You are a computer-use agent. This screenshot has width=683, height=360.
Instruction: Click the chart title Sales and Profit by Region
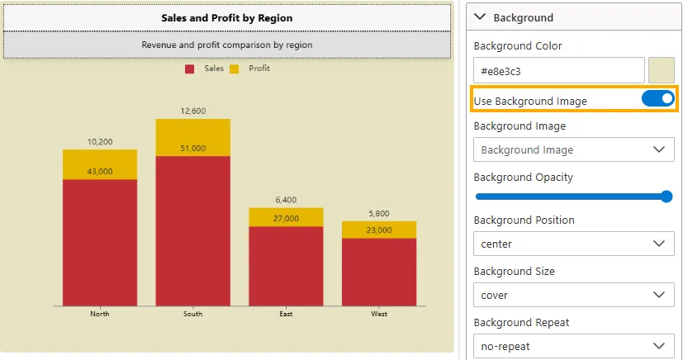(x=226, y=17)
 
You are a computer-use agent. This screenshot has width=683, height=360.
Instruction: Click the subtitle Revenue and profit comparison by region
(x=226, y=45)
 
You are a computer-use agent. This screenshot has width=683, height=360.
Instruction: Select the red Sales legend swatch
(x=189, y=69)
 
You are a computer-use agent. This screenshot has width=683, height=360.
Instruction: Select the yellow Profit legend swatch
(x=234, y=69)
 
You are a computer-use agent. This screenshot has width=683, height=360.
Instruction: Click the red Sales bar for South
(x=192, y=230)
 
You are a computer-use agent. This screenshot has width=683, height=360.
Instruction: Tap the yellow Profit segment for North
(x=100, y=164)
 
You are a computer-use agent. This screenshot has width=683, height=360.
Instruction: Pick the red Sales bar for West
(x=379, y=272)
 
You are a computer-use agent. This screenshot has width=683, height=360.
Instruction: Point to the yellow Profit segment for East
(x=286, y=217)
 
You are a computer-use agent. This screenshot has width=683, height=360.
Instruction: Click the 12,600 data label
(x=192, y=111)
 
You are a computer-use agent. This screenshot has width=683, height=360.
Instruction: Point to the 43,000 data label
(x=100, y=172)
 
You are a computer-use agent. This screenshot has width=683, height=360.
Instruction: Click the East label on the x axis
(x=286, y=314)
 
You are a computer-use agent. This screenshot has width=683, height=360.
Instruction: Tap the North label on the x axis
(x=100, y=314)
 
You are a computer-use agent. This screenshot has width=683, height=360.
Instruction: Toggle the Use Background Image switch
(x=658, y=99)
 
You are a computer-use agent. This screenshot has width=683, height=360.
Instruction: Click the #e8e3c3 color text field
(x=558, y=71)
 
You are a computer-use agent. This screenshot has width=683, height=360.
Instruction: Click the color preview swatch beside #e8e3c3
(x=662, y=71)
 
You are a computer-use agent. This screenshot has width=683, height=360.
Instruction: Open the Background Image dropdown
(x=573, y=149)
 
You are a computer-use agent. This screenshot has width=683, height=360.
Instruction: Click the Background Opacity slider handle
(x=666, y=197)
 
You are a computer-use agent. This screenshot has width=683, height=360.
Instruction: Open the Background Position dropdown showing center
(x=573, y=244)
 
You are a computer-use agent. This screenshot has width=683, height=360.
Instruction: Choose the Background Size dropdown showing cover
(x=573, y=295)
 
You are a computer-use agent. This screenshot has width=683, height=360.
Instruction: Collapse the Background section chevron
(x=481, y=17)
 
